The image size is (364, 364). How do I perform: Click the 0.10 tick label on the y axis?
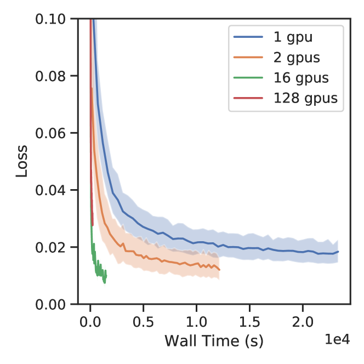click(x=49, y=19)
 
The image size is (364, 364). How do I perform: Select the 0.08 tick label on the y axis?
click(x=49, y=76)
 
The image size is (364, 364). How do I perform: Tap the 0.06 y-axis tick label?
click(x=49, y=133)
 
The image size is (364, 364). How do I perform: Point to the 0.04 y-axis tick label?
click(x=49, y=190)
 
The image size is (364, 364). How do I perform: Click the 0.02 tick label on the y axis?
click(x=49, y=247)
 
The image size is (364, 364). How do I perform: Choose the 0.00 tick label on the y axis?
click(x=49, y=304)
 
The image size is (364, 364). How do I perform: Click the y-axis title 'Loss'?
click(x=21, y=162)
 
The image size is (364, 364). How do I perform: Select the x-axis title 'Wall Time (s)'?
click(x=213, y=342)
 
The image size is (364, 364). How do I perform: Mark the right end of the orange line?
click(x=219, y=270)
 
